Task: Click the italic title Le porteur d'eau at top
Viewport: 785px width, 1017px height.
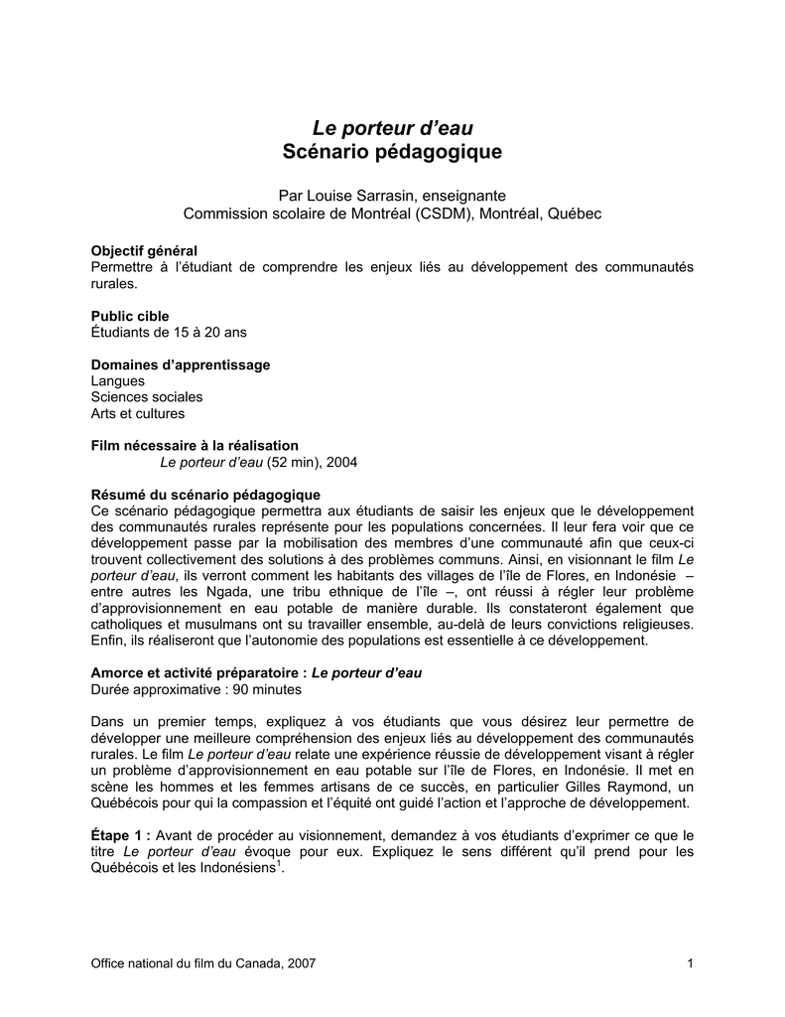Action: click(x=392, y=127)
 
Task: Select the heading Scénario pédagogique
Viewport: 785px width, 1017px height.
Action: click(x=392, y=153)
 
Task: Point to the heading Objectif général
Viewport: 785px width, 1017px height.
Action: click(x=144, y=250)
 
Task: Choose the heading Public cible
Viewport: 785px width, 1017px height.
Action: click(x=130, y=316)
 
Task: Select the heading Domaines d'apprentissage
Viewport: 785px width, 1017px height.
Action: click(x=181, y=364)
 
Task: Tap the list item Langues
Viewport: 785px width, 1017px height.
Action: click(x=117, y=380)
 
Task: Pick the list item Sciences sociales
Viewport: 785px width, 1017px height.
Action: click(x=147, y=397)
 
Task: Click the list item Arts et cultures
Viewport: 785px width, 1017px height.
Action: click(x=137, y=413)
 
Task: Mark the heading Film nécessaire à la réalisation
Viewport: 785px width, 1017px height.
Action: click(x=195, y=446)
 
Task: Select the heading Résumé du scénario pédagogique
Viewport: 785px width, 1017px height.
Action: click(x=205, y=495)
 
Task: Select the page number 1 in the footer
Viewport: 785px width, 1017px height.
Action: click(x=689, y=964)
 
